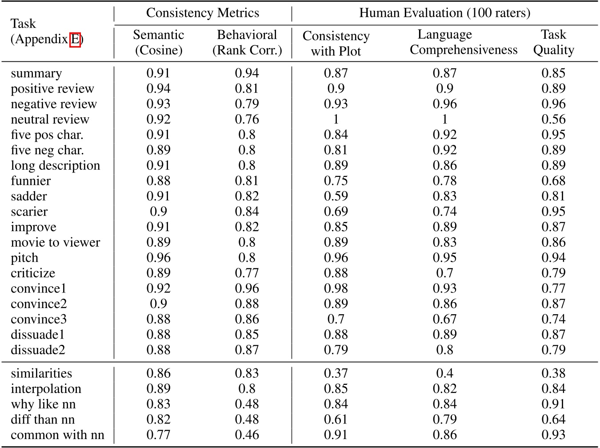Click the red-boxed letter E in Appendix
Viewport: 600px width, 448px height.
(x=75, y=40)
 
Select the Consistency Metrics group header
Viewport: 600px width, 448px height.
(x=203, y=13)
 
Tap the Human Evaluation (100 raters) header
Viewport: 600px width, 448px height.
(x=444, y=13)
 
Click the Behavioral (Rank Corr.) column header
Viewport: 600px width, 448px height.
(x=247, y=42)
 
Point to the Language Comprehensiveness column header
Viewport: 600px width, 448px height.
(x=463, y=42)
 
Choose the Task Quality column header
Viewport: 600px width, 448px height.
(x=553, y=42)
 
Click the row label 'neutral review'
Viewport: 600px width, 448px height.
(x=50, y=120)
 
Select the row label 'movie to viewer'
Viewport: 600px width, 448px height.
(x=56, y=243)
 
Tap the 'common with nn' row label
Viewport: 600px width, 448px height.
(x=57, y=435)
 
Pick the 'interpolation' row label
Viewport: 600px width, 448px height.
(x=46, y=389)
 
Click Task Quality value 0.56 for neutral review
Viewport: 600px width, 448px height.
(x=553, y=120)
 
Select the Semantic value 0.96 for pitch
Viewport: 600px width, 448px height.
(x=158, y=258)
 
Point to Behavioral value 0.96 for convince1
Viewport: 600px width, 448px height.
(x=247, y=289)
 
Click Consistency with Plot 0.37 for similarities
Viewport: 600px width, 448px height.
(x=336, y=373)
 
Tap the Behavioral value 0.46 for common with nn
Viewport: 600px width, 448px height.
(x=247, y=435)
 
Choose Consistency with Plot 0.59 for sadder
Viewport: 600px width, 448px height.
(x=336, y=196)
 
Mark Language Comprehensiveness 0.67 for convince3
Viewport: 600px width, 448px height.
(x=444, y=320)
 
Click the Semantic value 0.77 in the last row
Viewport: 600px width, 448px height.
(x=158, y=435)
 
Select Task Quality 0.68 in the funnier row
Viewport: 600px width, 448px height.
(x=553, y=181)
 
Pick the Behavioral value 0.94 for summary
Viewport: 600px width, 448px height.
(x=247, y=73)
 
